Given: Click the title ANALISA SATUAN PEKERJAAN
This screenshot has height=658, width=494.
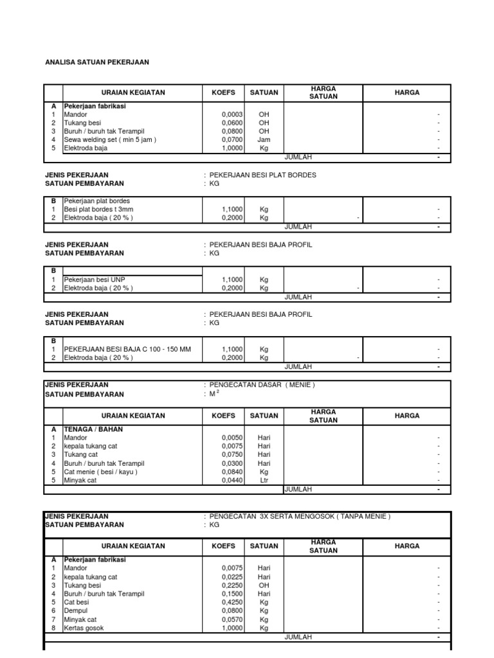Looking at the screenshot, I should point(96,62).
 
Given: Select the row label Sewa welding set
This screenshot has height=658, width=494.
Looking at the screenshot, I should point(110,139).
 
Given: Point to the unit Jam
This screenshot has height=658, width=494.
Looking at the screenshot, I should point(264,139).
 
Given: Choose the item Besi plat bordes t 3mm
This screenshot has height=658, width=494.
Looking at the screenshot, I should point(98,209).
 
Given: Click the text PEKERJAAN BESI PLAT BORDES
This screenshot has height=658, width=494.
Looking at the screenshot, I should point(262,175).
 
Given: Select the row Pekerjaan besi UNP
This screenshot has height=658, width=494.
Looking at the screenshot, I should point(95,280).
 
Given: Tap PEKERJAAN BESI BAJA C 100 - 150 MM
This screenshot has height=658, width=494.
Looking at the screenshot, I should point(127,350).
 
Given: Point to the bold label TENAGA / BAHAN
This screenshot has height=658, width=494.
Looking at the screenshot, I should point(93,429).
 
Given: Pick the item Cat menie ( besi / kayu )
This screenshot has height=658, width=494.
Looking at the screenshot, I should point(100,472).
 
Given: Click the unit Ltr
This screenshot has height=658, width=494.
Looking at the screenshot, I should point(264,480).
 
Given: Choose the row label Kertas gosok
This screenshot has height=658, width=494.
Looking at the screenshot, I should point(84,628).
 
